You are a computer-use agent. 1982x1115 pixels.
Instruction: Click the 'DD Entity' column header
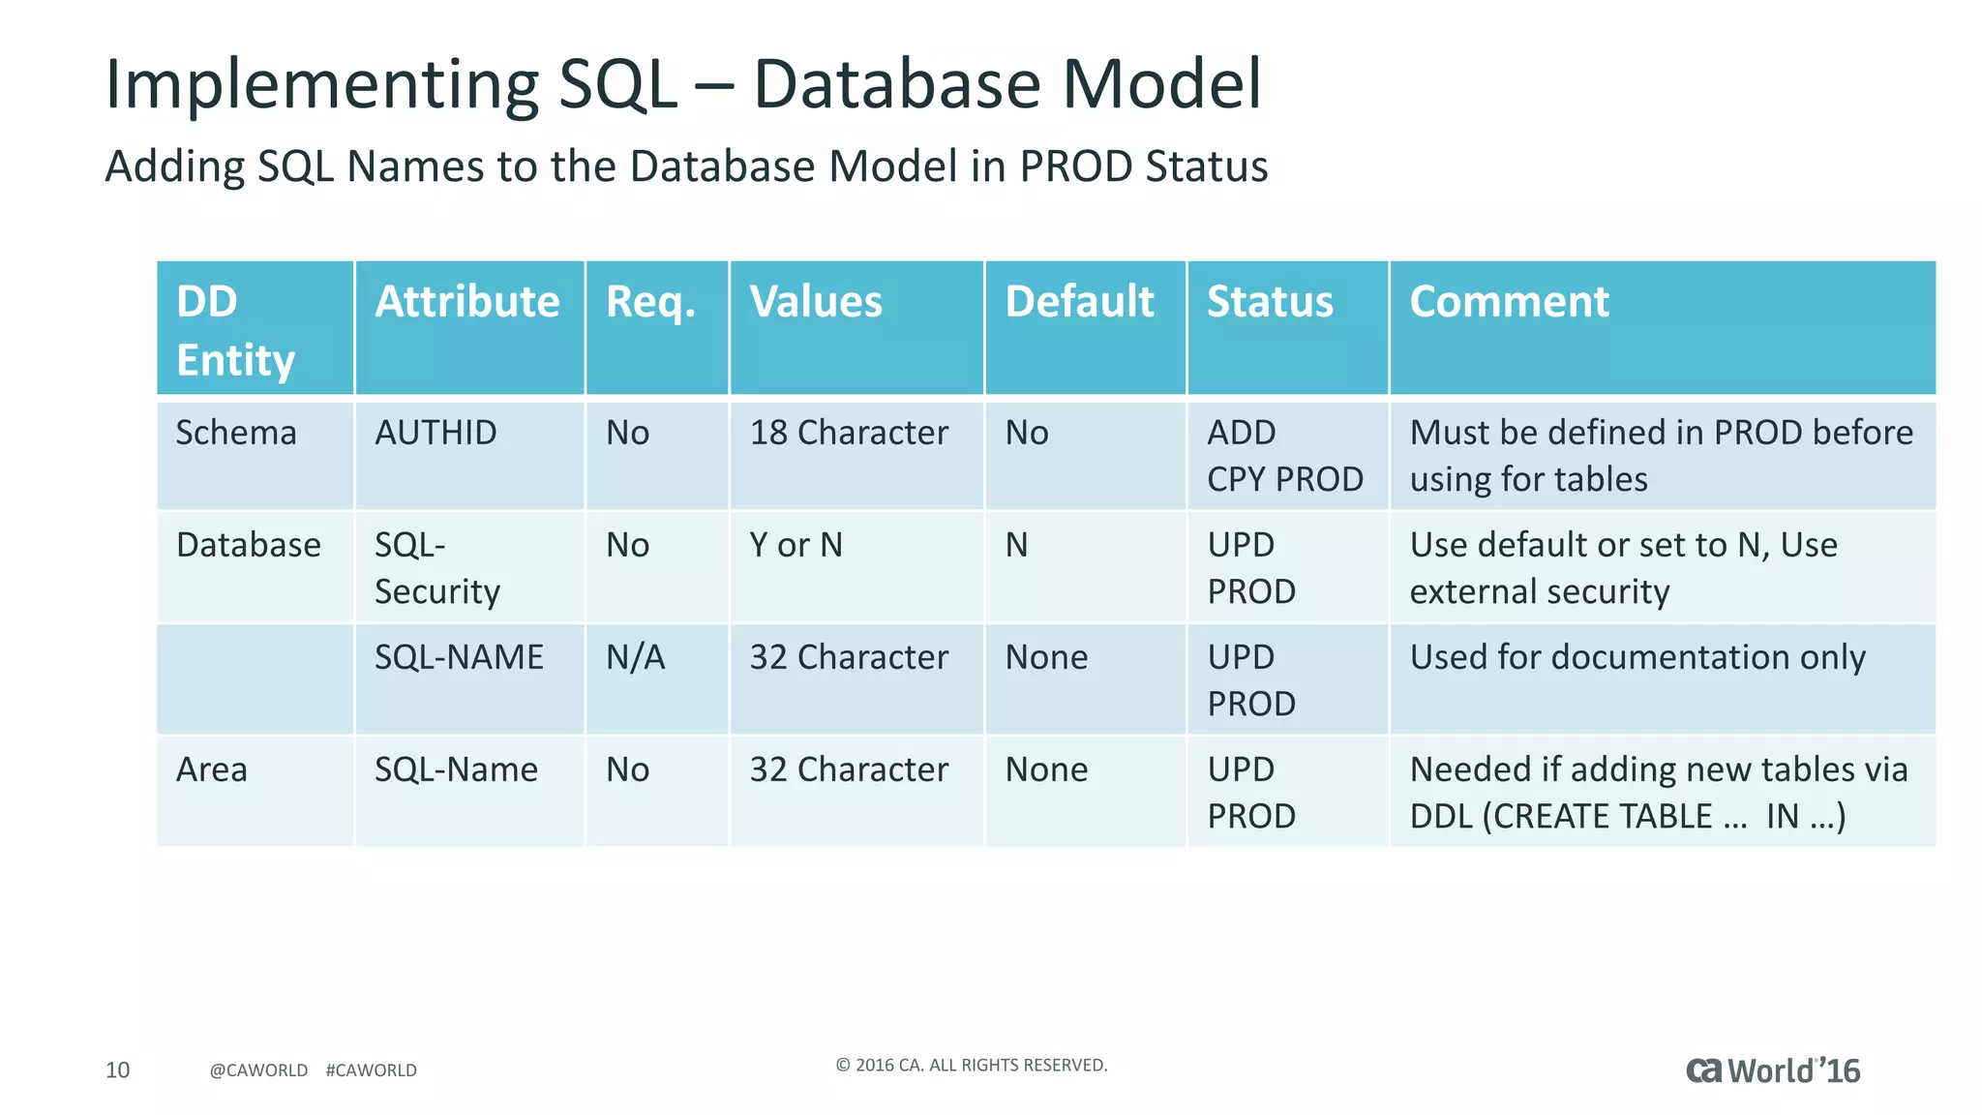click(x=235, y=329)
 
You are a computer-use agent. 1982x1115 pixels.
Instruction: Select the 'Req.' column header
click(x=650, y=302)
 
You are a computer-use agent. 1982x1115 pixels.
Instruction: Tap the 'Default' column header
click(x=1079, y=302)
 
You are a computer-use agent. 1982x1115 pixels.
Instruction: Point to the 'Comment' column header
click(x=1509, y=302)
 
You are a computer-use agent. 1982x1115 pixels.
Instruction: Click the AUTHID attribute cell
click(x=435, y=433)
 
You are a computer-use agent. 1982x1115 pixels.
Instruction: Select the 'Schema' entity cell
click(x=236, y=433)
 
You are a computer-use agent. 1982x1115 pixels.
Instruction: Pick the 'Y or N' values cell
click(x=796, y=545)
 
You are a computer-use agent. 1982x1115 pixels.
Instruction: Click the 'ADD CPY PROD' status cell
click(x=1284, y=456)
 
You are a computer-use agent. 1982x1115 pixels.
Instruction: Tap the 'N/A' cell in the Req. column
click(x=635, y=657)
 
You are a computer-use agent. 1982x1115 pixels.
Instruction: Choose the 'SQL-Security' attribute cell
click(x=437, y=568)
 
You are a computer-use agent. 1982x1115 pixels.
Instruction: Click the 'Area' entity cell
click(x=211, y=769)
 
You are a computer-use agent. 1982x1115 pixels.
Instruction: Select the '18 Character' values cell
click(x=849, y=433)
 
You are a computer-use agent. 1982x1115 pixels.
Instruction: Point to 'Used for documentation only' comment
click(x=1637, y=657)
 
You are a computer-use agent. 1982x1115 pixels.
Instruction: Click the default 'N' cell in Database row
click(x=1016, y=545)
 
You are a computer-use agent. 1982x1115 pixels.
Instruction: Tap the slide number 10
click(x=117, y=1070)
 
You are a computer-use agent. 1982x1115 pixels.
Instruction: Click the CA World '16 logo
click(x=1773, y=1070)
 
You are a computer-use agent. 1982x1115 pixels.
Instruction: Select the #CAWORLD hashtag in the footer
click(x=372, y=1070)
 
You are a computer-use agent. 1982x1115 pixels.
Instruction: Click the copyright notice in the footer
click(x=971, y=1065)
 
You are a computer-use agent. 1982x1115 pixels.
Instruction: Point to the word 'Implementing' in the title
click(x=319, y=85)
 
